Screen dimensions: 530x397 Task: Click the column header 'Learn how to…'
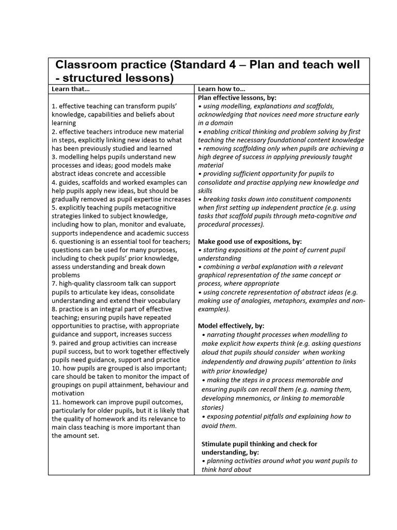pyautogui.click(x=221, y=89)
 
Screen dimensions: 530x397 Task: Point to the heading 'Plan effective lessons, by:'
pyautogui.click(x=238, y=97)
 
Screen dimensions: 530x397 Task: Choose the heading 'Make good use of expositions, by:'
pyautogui.click(x=250, y=241)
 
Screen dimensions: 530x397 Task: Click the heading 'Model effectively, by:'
pyautogui.click(x=231, y=326)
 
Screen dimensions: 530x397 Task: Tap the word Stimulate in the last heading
pyautogui.click(x=217, y=444)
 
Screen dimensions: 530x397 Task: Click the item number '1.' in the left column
pyautogui.click(x=54, y=106)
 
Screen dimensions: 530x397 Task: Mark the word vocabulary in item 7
pyautogui.click(x=163, y=300)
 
